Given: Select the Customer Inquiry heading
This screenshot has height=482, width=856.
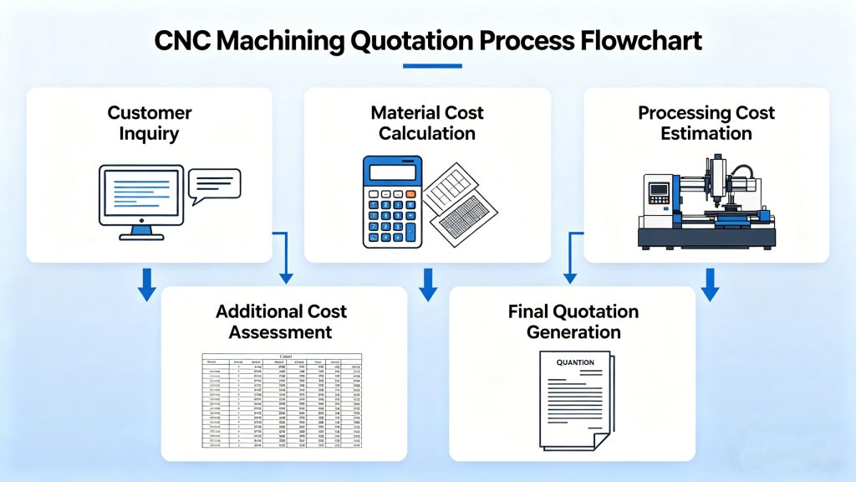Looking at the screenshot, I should point(150,123).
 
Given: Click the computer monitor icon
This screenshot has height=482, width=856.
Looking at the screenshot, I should point(140,197).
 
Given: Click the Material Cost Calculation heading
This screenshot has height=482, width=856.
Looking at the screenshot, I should point(427,123).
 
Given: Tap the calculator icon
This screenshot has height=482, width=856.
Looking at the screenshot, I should point(391,202).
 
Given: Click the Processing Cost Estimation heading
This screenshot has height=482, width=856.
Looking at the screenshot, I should point(706,123).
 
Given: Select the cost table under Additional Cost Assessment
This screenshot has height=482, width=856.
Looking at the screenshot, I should point(282,400).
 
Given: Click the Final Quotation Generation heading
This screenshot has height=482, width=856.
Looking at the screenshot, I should point(573,322).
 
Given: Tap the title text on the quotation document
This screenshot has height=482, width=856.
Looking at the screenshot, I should point(574,363).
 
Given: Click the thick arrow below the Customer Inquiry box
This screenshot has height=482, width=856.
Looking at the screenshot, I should point(146,285).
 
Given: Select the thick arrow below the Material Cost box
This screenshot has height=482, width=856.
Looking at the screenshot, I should point(428,285).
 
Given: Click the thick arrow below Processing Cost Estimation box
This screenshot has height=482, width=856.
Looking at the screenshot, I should point(710,285).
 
